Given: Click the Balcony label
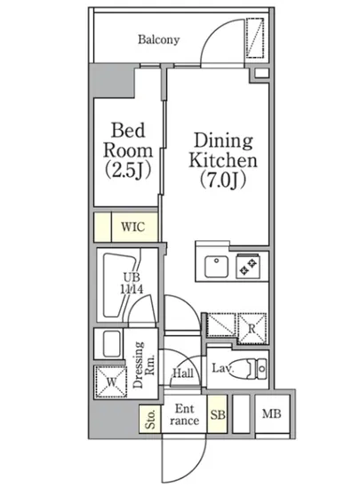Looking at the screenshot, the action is point(158,40).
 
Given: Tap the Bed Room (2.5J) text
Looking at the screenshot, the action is point(128,150).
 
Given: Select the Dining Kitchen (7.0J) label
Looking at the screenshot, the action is point(223,160).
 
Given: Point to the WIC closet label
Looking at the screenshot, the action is point(133,227).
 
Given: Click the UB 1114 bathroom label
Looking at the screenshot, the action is point(132,284).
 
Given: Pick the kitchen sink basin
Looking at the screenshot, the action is point(216,267).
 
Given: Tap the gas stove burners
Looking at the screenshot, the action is point(248,266).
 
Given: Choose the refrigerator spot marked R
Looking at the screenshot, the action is point(252,328).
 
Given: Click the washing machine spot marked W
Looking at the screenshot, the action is point(111,381).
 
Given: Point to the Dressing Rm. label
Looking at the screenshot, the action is point(144,365).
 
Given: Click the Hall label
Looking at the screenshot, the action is point(183,373).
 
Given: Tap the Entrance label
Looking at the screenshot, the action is point(185,415).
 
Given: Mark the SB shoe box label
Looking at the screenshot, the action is point(218,415).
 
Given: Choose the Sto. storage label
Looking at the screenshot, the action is point(150,419).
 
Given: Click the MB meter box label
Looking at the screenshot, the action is point(271,413).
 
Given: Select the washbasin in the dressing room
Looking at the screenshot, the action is point(112,344).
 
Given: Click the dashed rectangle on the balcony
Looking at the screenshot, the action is point(255,38).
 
